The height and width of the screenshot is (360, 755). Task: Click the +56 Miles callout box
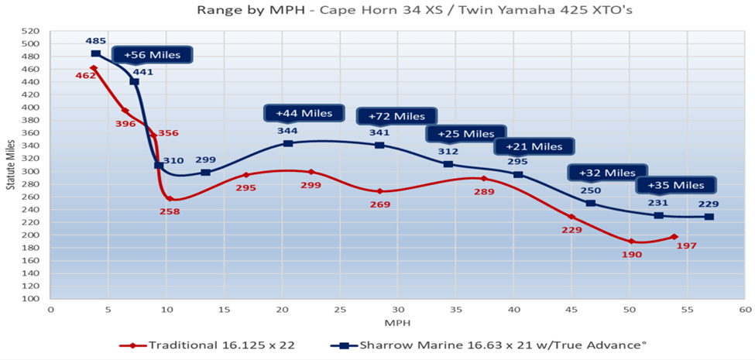153,55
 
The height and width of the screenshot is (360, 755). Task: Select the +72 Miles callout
396,116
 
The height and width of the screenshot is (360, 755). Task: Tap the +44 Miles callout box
304,113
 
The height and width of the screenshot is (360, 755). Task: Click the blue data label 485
96,40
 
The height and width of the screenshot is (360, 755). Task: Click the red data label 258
170,211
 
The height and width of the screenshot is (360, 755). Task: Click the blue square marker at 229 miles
709,217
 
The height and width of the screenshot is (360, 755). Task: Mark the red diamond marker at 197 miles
674,237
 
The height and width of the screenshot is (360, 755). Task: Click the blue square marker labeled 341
379,145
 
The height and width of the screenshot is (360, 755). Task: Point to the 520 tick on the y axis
30,32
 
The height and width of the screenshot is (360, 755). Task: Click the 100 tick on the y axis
30,298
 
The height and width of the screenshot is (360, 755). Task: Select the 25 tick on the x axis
340,309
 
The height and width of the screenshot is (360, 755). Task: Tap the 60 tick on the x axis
745,309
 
